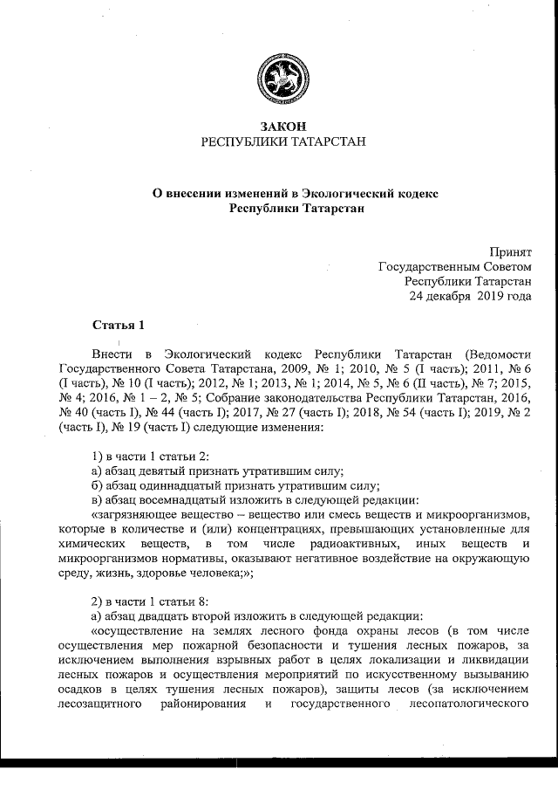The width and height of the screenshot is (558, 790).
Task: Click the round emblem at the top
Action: (x=278, y=78)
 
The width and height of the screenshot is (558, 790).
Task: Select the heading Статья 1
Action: (x=118, y=326)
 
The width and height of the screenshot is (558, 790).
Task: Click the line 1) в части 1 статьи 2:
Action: (x=150, y=458)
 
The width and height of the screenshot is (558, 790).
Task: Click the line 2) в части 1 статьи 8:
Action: (x=150, y=602)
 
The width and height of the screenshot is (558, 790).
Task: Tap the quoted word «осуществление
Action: (x=135, y=631)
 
